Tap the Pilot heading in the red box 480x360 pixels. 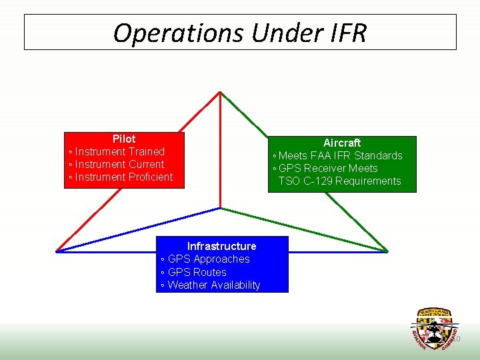pyautogui.click(x=124, y=139)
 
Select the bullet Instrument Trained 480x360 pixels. pyautogui.click(x=119, y=151)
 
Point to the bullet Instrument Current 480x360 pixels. pyautogui.click(x=119, y=164)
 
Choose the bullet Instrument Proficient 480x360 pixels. pyautogui.click(x=123, y=177)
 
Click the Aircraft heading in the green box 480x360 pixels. pyautogui.click(x=342, y=143)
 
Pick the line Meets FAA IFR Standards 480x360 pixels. pyautogui.click(x=340, y=155)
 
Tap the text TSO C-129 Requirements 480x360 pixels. pyautogui.click(x=339, y=181)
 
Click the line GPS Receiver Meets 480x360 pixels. pyautogui.click(x=327, y=168)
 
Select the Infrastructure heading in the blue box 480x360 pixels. pyautogui.click(x=221, y=246)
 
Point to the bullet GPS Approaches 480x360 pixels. pyautogui.click(x=208, y=259)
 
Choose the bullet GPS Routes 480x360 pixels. pyautogui.click(x=197, y=272)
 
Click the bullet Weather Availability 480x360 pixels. pyautogui.click(x=213, y=285)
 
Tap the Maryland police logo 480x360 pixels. pyautogui.click(x=434, y=329)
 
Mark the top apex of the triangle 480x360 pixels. pyautogui.click(x=221, y=92)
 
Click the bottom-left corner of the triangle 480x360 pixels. pyautogui.click(x=57, y=251)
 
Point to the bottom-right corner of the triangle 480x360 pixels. pyautogui.click(x=387, y=251)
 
